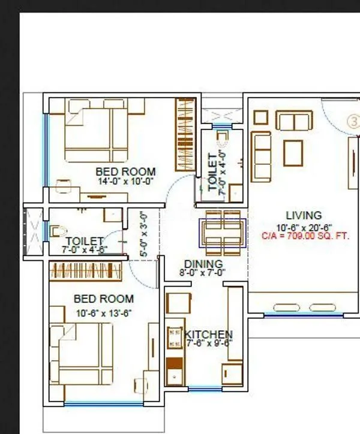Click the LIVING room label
click(303, 215)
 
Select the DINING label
click(203, 264)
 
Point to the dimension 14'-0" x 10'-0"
click(126, 180)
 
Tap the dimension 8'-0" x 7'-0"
click(203, 272)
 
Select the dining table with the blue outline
click(223, 233)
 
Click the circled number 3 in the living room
click(355, 120)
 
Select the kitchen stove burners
click(175, 338)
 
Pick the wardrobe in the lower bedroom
click(88, 267)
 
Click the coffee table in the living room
click(293, 152)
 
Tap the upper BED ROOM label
click(125, 171)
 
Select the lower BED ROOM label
click(103, 299)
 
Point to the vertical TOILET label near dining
click(212, 173)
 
